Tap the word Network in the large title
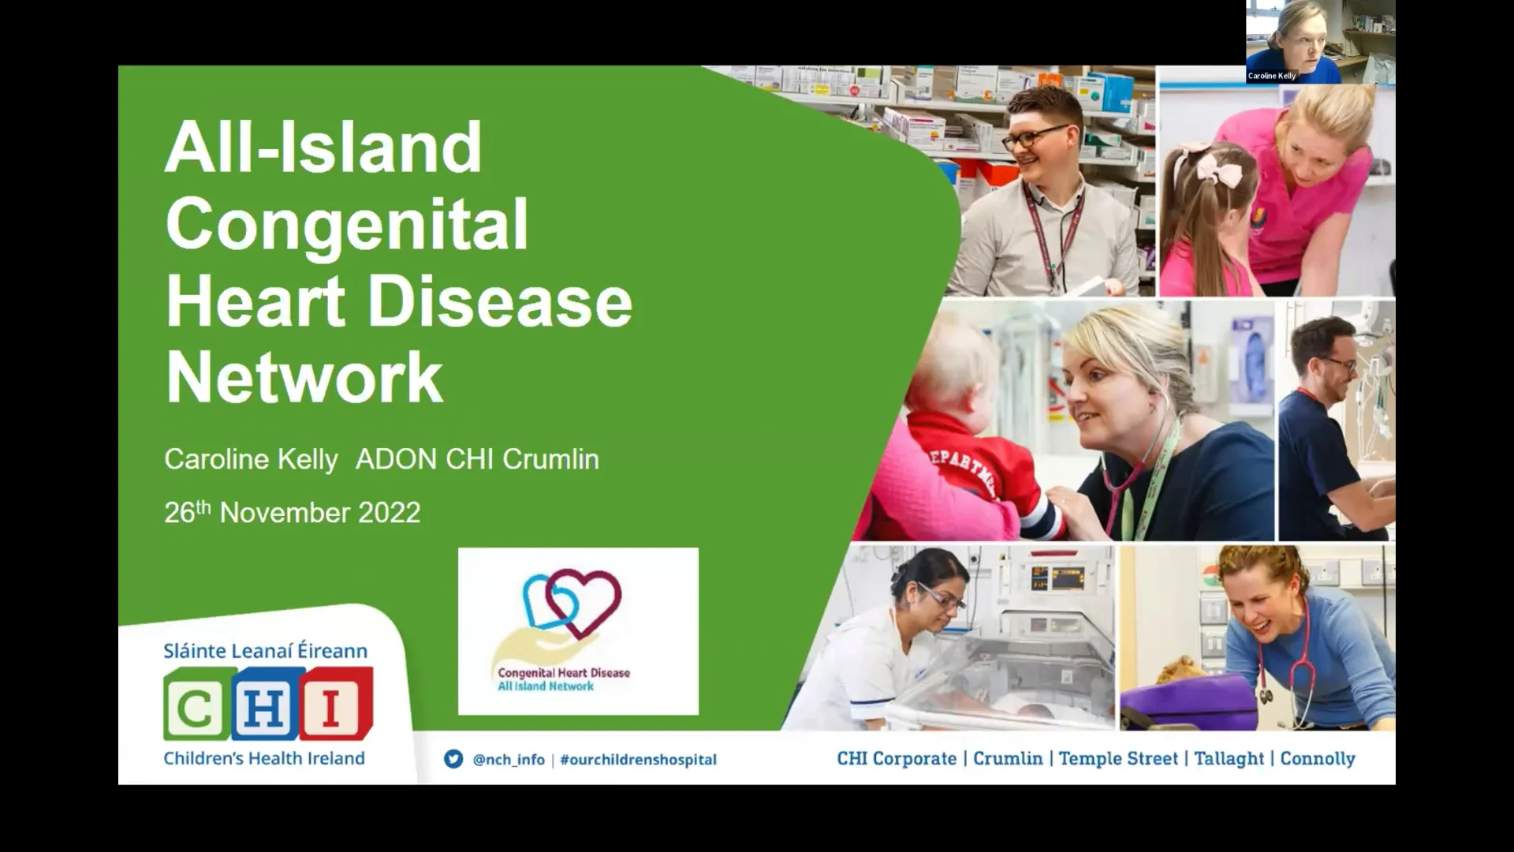[304, 377]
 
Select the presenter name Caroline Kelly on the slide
[251, 459]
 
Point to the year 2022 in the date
[389, 513]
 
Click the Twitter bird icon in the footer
[453, 759]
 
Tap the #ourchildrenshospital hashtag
[638, 760]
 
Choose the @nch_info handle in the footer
[509, 760]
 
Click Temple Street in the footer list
[1118, 758]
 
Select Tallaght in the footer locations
[1229, 758]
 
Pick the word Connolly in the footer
[1317, 758]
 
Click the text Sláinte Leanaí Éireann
[265, 651]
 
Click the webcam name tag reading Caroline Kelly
[1271, 76]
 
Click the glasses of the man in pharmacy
[1034, 138]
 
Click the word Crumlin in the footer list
[1007, 758]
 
